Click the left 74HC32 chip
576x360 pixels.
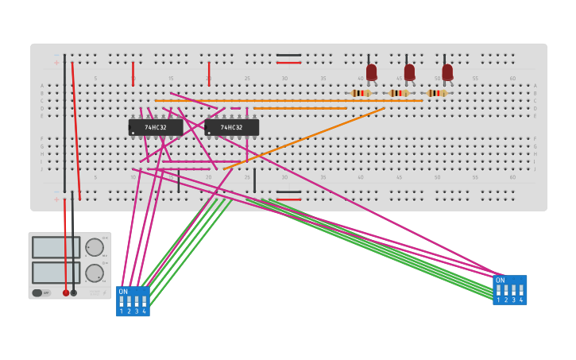156,127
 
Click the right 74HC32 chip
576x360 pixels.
232,127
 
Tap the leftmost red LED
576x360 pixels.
371,72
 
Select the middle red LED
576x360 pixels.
409,72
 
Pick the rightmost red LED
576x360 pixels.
447,72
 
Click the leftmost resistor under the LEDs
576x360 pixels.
361,93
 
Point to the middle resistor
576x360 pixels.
399,93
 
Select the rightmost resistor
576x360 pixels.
437,93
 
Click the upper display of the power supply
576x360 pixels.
56,247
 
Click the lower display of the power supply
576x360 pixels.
56,273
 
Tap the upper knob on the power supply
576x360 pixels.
94,247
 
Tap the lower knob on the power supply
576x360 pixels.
94,273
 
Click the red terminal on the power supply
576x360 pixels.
66,292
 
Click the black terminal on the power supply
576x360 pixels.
74,292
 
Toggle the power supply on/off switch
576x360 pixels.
37,292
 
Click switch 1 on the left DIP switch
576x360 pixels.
122,302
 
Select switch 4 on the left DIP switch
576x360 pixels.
144,302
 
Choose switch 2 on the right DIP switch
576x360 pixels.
506,291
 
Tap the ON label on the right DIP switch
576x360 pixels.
500,281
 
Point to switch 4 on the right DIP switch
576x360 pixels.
521,291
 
